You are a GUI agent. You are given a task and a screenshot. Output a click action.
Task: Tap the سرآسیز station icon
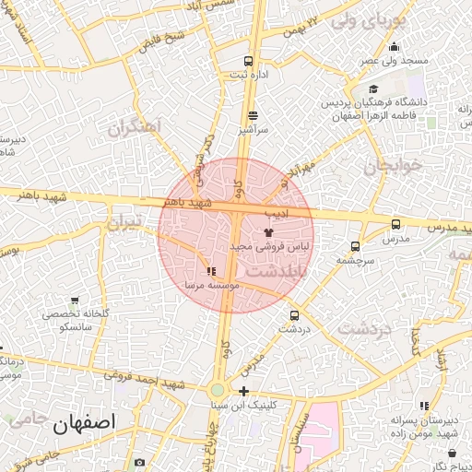pos(253,116)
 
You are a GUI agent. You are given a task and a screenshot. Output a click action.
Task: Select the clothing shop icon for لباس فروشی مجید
pos(269,232)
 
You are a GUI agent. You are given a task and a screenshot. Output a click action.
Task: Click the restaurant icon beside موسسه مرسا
pos(211,271)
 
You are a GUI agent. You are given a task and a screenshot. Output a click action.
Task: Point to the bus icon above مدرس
pos(395,223)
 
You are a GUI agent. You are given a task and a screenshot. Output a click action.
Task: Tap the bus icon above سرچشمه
pos(355,246)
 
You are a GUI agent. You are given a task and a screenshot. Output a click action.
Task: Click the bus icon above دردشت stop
pos(294,314)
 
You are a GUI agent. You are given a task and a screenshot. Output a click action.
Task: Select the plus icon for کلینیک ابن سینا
pos(243,391)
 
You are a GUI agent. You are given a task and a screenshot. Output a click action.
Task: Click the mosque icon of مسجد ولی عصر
pos(395,47)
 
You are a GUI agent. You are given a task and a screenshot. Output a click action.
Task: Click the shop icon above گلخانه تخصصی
pos(74,300)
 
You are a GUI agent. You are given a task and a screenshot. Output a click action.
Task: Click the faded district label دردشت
pos(364,327)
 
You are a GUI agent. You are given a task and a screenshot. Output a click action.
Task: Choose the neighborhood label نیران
pos(126,223)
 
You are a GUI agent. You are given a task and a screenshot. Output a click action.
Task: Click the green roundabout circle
pos(218,392)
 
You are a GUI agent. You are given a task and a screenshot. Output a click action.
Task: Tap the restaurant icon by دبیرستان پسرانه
pos(423,406)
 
